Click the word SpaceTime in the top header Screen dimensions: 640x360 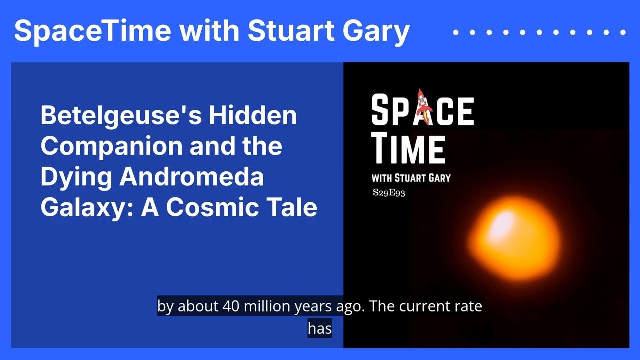coord(93,31)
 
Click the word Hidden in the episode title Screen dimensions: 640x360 coord(253,115)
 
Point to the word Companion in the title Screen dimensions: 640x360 coord(111,147)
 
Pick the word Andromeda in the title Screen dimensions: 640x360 coord(191,176)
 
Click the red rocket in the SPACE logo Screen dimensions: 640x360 coord(423,107)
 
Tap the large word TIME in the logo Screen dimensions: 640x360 coord(408,149)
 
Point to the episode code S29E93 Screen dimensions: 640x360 coord(389,193)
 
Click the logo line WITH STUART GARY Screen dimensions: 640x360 coord(411,178)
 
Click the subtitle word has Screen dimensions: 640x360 coord(320,328)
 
